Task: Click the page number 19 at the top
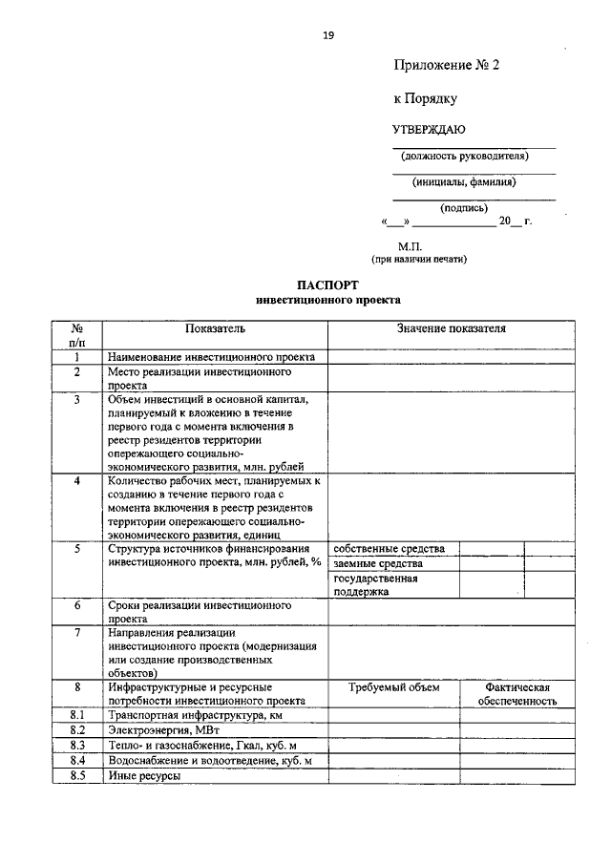[328, 36]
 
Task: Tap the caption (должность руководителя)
[464, 156]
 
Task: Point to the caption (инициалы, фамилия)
[464, 181]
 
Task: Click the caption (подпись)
[464, 207]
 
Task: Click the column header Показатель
[216, 328]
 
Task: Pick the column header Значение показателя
[452, 328]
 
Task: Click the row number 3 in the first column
[77, 399]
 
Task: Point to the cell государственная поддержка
[375, 584]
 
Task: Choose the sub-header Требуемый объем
[393, 686]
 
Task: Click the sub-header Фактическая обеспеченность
[517, 693]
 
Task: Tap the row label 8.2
[77, 730]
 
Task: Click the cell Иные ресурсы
[144, 775]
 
